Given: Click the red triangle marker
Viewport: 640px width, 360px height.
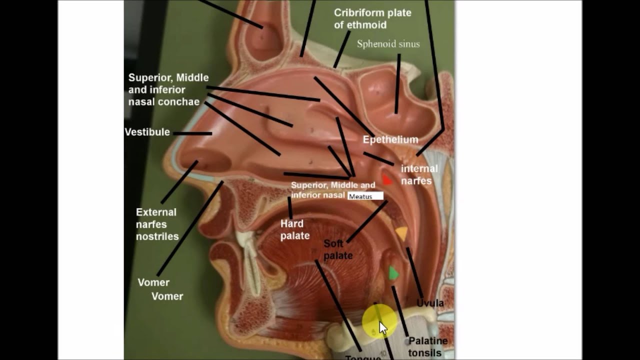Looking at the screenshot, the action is coord(386,179).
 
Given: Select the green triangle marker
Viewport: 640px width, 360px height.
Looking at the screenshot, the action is coord(393,273).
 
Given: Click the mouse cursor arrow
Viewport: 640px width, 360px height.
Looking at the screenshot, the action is coord(382,328).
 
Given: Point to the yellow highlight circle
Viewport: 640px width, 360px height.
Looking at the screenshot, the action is coord(379,320).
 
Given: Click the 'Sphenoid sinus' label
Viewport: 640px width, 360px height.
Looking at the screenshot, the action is coord(388,44).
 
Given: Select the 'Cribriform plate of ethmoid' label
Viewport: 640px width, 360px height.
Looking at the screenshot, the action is coord(372,18).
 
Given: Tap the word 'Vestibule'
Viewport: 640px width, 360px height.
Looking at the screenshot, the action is coord(147,132).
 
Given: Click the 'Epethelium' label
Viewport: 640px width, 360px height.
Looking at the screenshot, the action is coord(390,139).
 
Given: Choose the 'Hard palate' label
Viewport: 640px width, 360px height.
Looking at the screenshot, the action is coord(295,229).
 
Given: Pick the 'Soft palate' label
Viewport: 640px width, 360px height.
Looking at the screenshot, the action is coord(338,249).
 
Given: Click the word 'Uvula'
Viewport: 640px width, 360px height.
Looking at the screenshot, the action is coord(430,303).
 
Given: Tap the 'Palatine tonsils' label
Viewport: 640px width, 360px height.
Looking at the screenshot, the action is coord(427,346).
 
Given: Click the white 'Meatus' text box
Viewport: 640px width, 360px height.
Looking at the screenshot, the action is coord(365,196).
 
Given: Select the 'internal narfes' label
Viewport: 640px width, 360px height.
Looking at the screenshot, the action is coord(419,174).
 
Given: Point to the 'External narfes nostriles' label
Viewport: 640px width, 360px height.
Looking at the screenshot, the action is coord(157,224).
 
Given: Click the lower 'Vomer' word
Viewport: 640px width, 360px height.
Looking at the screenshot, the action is coord(167,296).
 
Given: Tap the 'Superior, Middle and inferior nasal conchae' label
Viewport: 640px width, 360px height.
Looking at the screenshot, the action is coord(168,90).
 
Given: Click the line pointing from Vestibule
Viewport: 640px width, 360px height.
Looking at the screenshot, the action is coord(192,133).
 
